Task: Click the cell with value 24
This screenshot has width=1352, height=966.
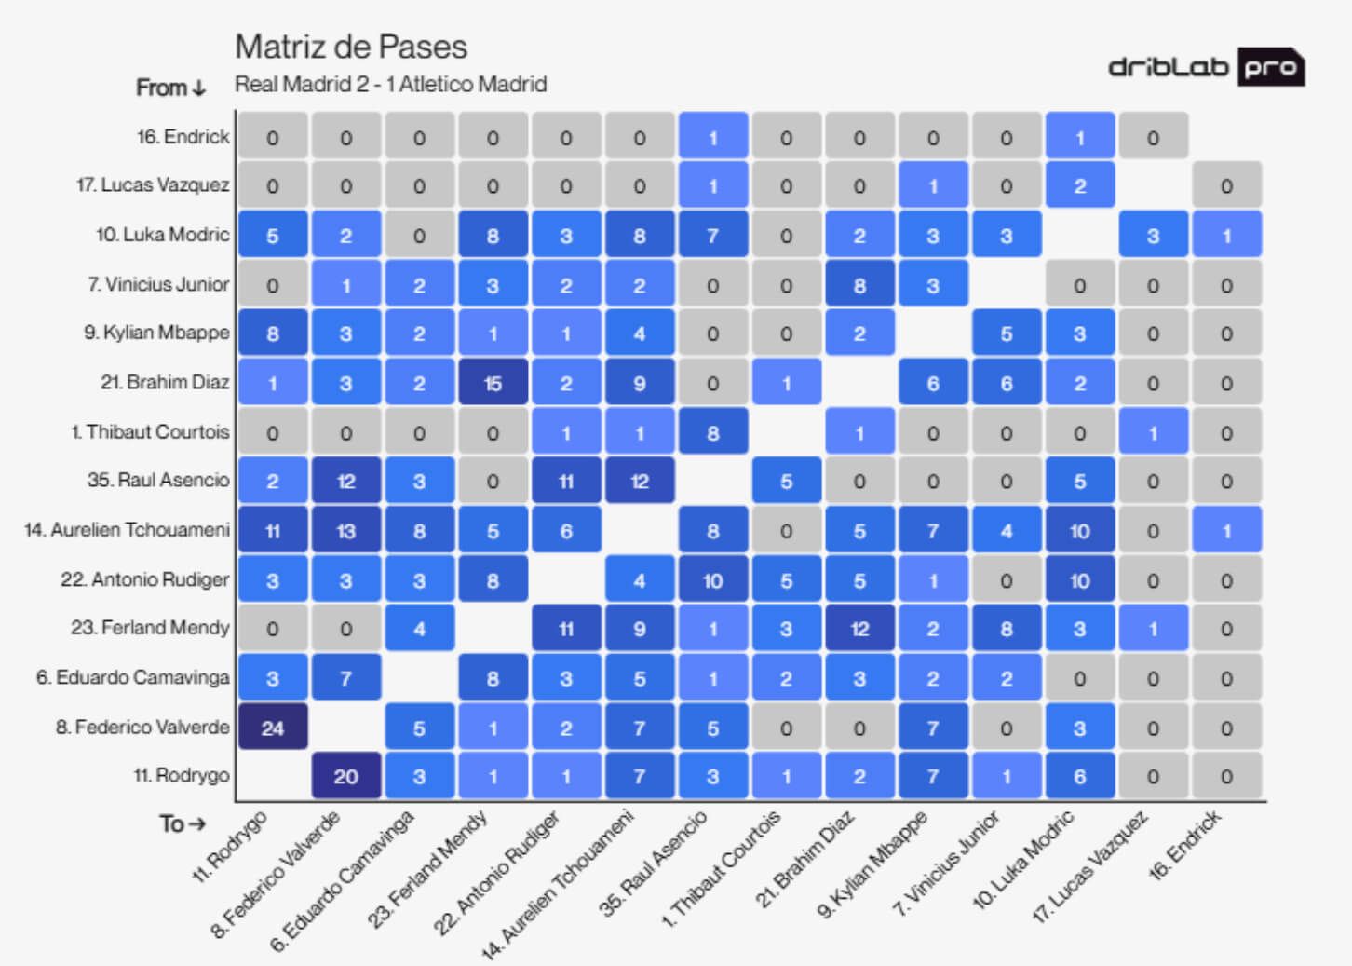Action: tap(272, 728)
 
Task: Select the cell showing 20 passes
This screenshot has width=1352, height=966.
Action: tap(345, 776)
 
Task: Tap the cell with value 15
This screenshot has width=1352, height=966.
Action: tap(493, 383)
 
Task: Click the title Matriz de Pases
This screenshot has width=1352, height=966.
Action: tap(351, 47)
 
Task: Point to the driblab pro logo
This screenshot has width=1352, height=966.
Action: tap(1206, 67)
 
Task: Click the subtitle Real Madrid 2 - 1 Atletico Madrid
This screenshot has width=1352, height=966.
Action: tap(390, 85)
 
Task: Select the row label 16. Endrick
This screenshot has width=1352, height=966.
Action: tap(183, 137)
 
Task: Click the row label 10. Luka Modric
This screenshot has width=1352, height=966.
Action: tap(162, 235)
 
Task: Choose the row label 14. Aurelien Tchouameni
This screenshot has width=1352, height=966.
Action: tap(127, 530)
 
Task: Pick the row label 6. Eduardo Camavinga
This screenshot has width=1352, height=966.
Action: tap(132, 677)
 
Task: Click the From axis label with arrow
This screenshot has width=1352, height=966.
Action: tap(170, 88)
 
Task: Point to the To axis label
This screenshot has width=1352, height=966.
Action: tap(182, 823)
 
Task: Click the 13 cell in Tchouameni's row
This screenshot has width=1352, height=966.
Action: tap(345, 531)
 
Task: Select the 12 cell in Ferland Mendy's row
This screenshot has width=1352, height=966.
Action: tap(859, 629)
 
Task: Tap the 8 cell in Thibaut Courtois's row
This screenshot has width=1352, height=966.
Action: tap(712, 432)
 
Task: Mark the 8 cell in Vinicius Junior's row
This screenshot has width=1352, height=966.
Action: tap(859, 285)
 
